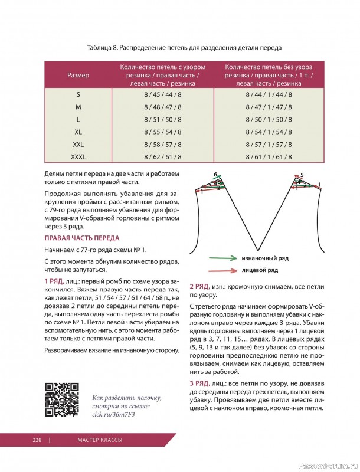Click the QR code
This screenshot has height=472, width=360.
coord(62,400)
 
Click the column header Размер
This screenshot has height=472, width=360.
coord(78,76)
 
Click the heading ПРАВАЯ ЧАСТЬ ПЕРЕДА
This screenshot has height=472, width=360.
coord(81,238)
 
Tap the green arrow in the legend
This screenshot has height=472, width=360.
coord(221,258)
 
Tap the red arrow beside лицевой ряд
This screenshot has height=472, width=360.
coord(221,270)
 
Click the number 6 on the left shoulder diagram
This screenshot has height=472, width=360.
coord(215,175)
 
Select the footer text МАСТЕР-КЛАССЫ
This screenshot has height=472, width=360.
coord(99,440)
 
